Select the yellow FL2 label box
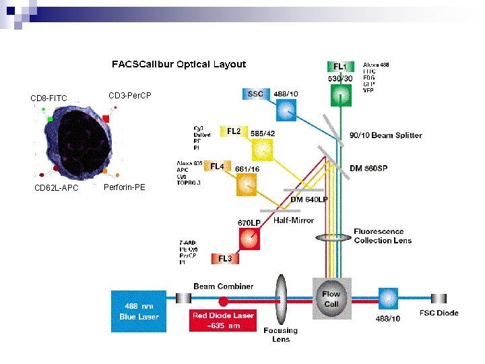point(234,131)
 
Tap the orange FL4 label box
point(217,166)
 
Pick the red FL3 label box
point(226,258)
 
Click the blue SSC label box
point(256,94)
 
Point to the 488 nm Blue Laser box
point(138,311)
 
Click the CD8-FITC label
point(49,100)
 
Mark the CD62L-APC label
point(56,188)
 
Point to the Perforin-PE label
point(125,187)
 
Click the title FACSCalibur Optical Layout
point(179,65)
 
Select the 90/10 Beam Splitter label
point(386,135)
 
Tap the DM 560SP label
point(374,168)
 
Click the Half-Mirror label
point(293,220)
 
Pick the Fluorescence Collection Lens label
point(383,236)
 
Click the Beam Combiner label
point(224,286)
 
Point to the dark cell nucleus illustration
point(71,142)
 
